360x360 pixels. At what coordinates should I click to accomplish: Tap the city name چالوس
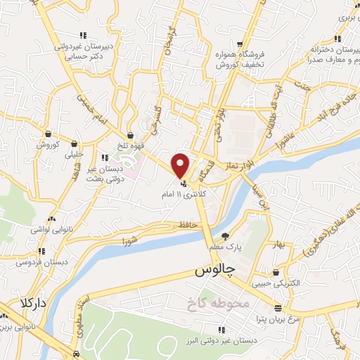tap(212, 271)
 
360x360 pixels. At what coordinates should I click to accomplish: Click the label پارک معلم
tap(224, 247)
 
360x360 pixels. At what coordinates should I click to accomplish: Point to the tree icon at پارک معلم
tap(225, 236)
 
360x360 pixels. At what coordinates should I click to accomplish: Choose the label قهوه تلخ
tap(131, 147)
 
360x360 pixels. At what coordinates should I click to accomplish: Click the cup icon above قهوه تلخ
tap(131, 136)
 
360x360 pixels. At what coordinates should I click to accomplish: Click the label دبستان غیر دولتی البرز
tap(221, 339)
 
